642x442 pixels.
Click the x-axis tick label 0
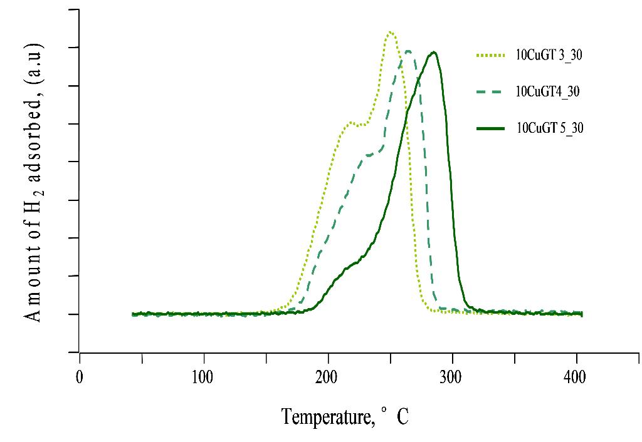[80, 378]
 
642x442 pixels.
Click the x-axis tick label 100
[203, 378]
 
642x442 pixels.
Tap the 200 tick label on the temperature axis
[327, 378]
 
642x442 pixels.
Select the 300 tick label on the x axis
[451, 378]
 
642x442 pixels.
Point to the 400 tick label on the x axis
[575, 378]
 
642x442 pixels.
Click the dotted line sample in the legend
[490, 56]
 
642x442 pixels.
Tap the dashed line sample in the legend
[490, 92]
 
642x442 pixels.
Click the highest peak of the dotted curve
[391, 32]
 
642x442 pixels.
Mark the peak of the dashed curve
[409, 51]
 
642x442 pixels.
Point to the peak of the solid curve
[433, 52]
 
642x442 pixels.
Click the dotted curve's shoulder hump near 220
[350, 122]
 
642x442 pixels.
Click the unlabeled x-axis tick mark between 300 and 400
[515, 357]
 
